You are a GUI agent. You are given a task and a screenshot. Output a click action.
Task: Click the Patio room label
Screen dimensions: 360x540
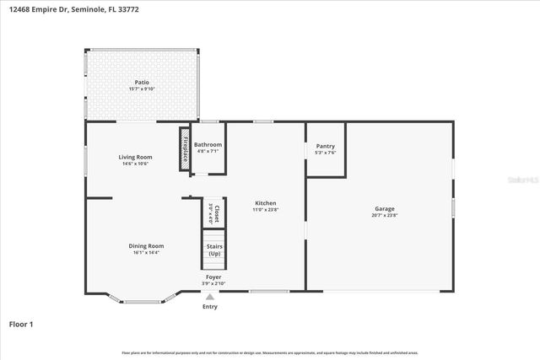pos(142,83)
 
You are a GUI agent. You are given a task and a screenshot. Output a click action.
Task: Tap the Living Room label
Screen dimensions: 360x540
pos(134,157)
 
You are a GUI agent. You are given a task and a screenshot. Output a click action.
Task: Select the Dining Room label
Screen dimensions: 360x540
pos(145,245)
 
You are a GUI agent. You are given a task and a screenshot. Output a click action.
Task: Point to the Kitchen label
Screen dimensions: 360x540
pos(266,203)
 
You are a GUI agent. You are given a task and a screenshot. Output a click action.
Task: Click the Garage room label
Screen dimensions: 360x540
pos(385,208)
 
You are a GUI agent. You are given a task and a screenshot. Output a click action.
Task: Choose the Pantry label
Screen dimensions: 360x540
pos(325,146)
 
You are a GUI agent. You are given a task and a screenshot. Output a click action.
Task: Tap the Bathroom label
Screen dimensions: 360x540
pos(208,145)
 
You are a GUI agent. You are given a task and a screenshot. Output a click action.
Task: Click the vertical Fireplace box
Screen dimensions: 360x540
pos(184,149)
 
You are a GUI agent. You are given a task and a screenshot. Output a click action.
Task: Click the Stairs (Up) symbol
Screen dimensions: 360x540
pos(214,250)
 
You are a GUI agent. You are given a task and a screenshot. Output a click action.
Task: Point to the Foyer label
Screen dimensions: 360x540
pos(214,277)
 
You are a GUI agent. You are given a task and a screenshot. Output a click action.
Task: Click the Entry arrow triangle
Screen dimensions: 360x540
pos(210,297)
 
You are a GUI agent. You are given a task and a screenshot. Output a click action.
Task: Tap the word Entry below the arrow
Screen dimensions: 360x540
pos(210,306)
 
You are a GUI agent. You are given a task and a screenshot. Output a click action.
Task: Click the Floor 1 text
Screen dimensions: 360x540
pos(20,324)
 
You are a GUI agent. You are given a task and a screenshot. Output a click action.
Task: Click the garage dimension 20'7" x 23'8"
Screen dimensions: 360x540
pos(385,215)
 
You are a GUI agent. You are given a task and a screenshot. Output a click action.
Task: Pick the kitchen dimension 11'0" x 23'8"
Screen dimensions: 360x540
pos(266,210)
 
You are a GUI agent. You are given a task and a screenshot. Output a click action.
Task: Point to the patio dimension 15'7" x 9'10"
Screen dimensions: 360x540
pos(142,89)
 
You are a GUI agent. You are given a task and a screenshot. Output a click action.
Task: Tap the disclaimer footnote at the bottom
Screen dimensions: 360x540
pos(269,352)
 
